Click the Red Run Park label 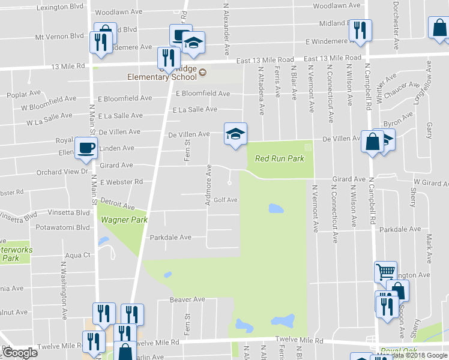tap(279, 159)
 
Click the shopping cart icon tap(385, 271)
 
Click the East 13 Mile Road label tap(265, 60)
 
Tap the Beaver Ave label tap(187, 299)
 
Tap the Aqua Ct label tap(77, 255)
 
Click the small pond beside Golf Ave tap(276, 209)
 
